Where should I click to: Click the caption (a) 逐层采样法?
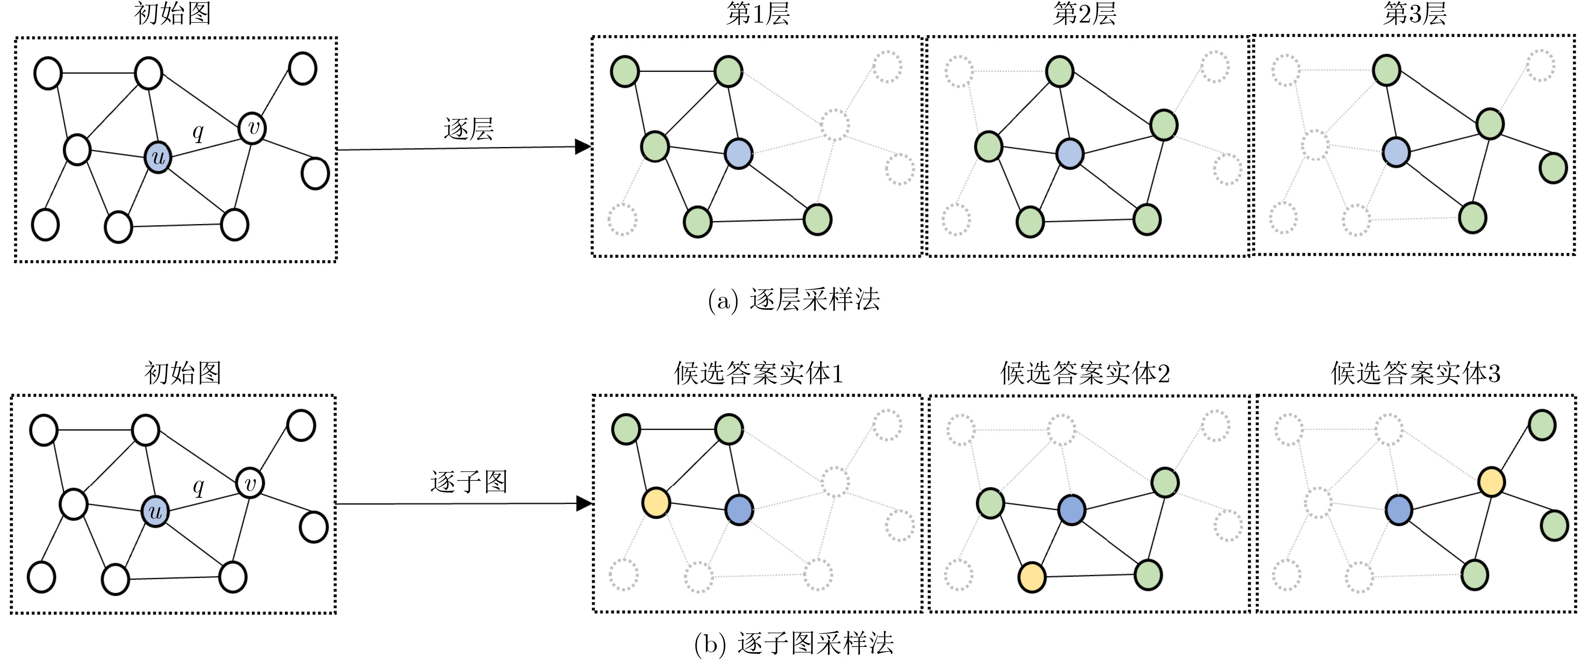coord(793,300)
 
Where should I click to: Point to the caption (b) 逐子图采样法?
coord(793,643)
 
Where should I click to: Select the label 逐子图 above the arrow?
coord(469,482)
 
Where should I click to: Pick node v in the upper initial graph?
coord(252,128)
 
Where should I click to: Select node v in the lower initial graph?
coord(250,483)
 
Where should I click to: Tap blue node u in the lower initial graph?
coord(155,511)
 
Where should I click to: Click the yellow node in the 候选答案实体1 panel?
coord(656,502)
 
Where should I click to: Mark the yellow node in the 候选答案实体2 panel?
coord(1032,578)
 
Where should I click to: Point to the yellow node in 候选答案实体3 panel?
coord(1491,482)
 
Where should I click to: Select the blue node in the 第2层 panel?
coord(1070,153)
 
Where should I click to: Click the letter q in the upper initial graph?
coord(198,132)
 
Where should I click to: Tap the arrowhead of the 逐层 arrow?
coord(582,147)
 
